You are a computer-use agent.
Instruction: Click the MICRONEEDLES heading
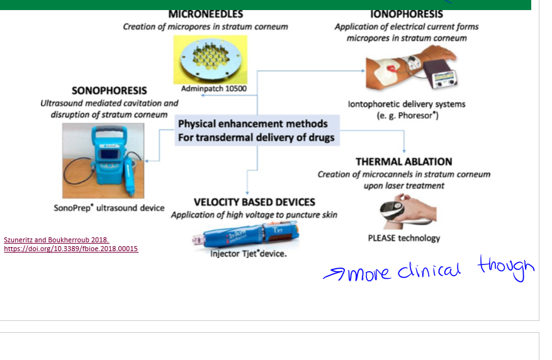tap(206, 14)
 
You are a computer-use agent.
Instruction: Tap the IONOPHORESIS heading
tap(406, 14)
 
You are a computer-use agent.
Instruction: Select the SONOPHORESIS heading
tap(110, 91)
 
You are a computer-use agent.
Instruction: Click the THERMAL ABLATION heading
tap(404, 162)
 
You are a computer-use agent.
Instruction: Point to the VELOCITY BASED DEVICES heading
tap(254, 202)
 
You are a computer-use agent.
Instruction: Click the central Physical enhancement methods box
tap(257, 130)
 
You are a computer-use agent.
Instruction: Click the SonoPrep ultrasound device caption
tap(109, 208)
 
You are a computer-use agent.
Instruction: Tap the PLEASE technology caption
tap(404, 239)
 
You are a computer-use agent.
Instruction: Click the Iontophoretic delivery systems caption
tap(407, 104)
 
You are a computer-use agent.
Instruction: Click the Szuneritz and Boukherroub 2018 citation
tap(57, 240)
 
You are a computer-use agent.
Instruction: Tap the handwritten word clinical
tap(429, 271)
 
